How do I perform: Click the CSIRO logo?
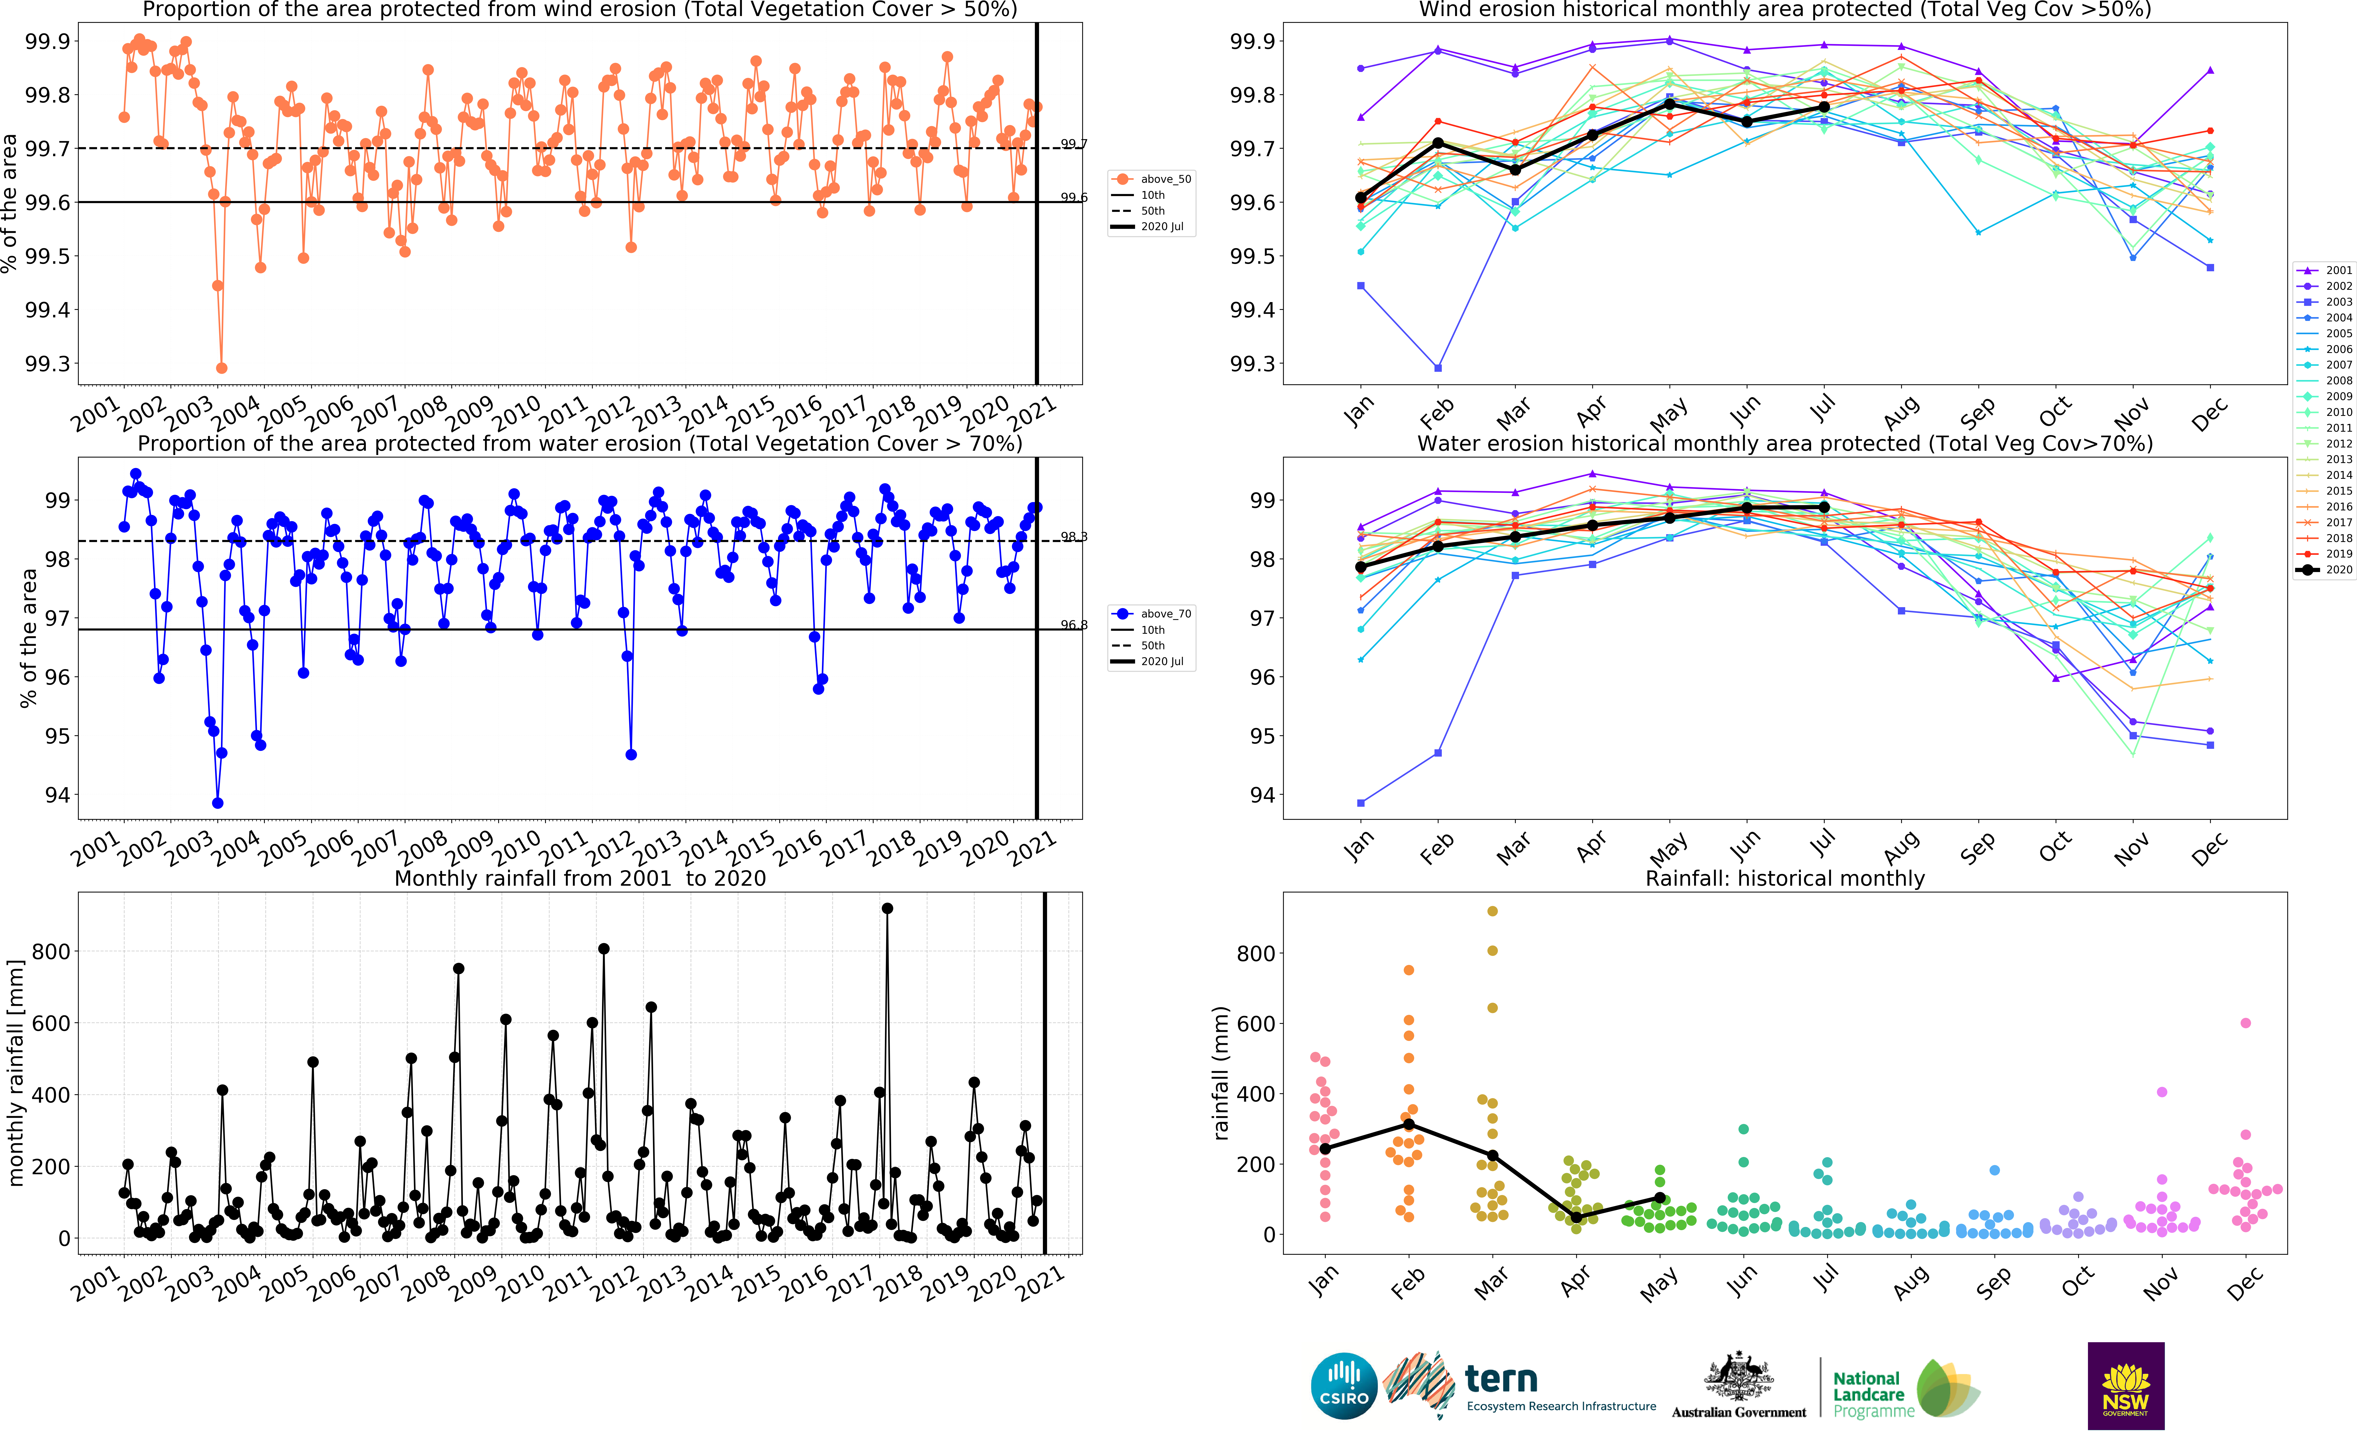[x=1344, y=1386]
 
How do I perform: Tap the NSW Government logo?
[x=2125, y=1386]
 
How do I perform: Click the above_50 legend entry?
[x=1152, y=179]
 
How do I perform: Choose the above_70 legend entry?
[x=1152, y=614]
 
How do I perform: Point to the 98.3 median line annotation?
[x=1074, y=537]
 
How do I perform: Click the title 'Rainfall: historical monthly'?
[x=1784, y=878]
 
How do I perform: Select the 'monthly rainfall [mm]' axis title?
[x=15, y=1073]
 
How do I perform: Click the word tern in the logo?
[x=1501, y=1379]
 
